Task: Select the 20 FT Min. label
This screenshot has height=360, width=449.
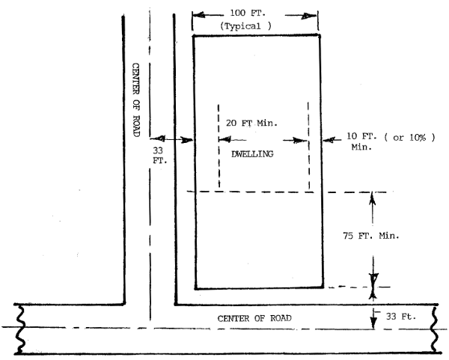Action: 251,123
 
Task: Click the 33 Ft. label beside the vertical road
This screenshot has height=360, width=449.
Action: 156,153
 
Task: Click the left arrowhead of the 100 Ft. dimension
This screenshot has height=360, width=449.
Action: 195,13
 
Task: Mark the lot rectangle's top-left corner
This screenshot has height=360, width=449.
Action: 195,34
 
